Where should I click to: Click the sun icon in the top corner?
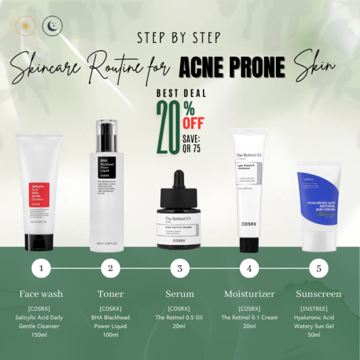(x=25, y=26)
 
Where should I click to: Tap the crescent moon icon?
(x=52, y=25)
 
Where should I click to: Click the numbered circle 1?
(x=41, y=268)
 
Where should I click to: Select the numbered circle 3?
(x=179, y=268)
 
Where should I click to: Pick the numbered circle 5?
(x=319, y=268)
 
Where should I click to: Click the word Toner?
(x=110, y=294)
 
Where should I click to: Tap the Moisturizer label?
(x=249, y=294)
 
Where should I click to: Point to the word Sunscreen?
(x=319, y=294)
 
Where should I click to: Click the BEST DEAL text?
(x=181, y=94)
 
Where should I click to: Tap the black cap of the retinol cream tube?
(x=249, y=244)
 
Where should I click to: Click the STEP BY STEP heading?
(x=179, y=38)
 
